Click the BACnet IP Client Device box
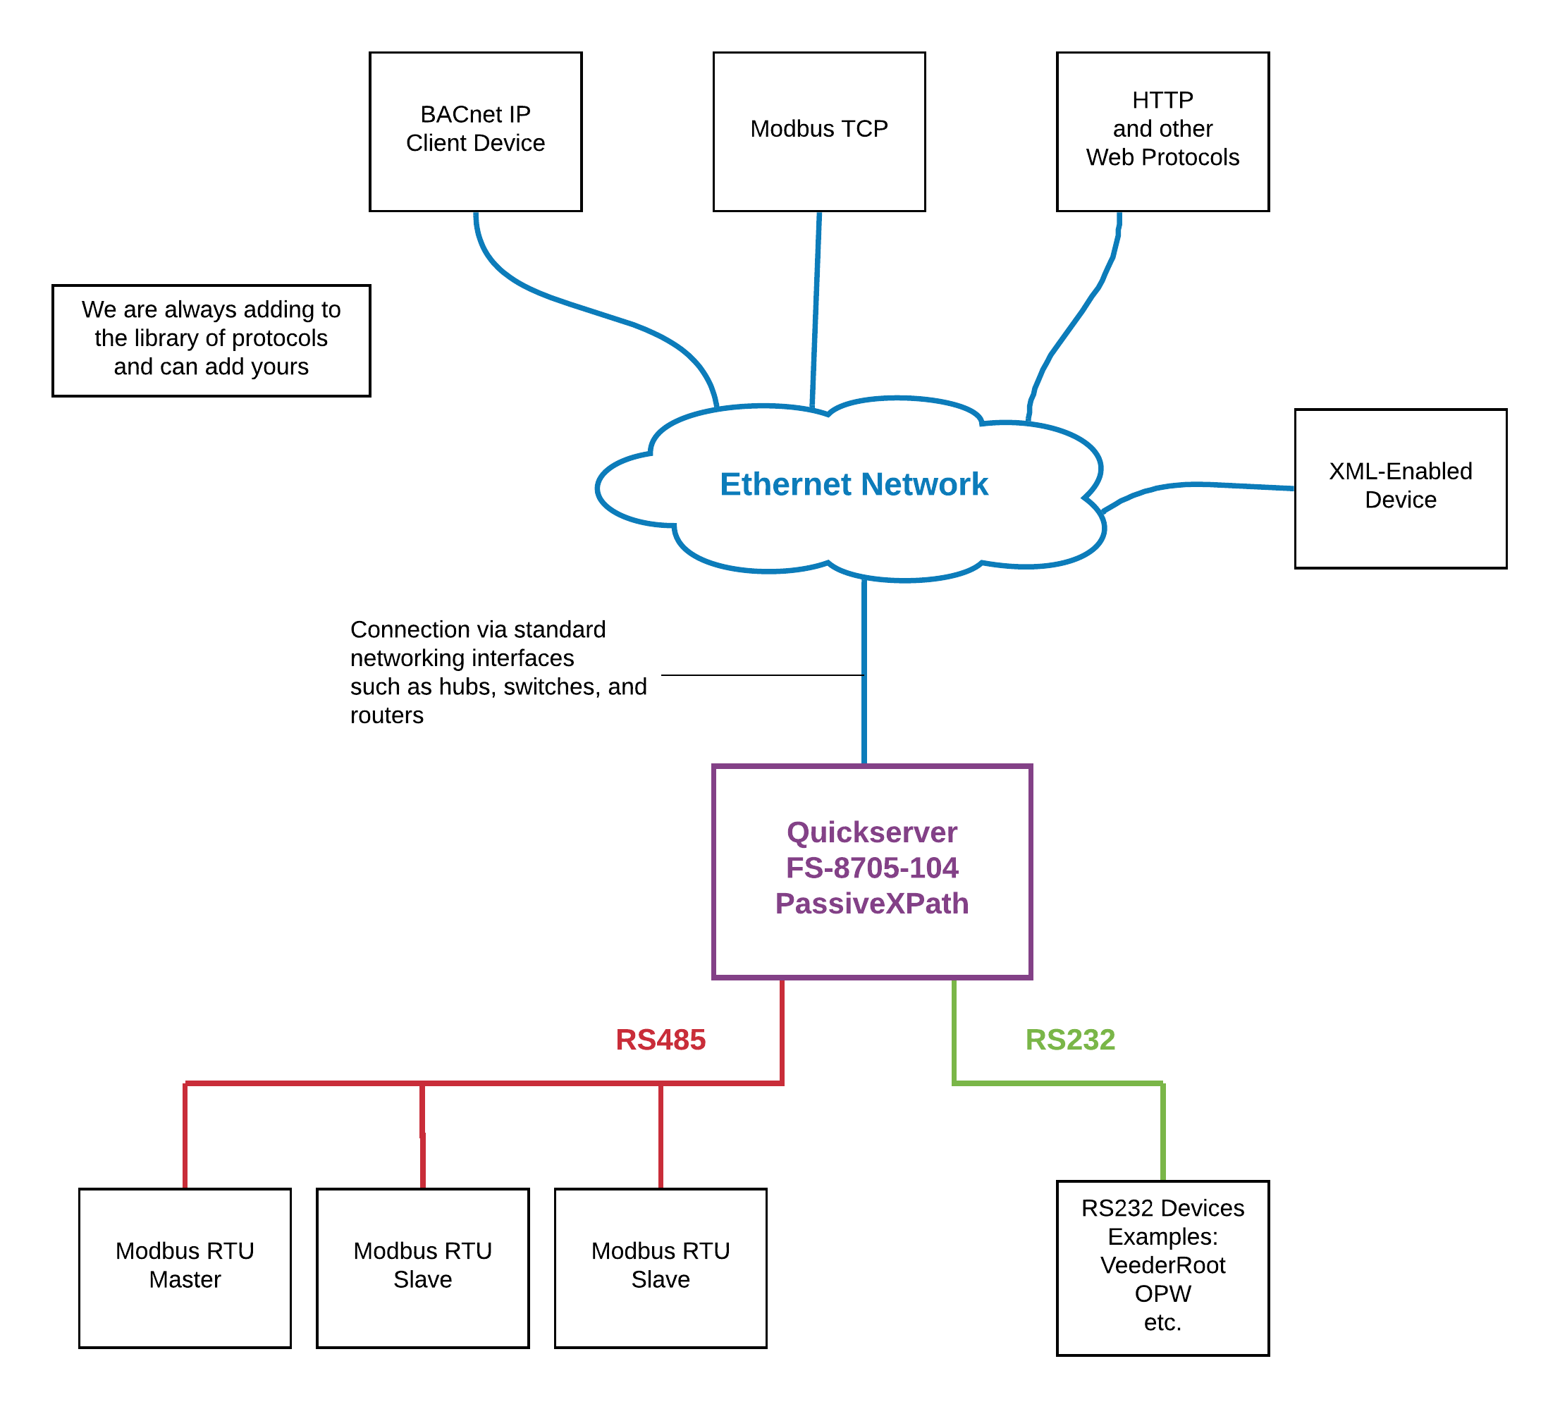tap(475, 131)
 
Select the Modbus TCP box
tap(818, 131)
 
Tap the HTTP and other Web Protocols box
tap(1162, 131)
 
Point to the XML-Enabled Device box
tap(1401, 488)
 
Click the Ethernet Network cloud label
tap(854, 484)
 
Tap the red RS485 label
tap(660, 1040)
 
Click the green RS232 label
tap(1069, 1040)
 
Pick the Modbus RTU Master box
tap(185, 1267)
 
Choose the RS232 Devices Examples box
tap(1162, 1267)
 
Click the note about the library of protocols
tap(211, 340)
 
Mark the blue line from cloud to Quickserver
tap(864, 673)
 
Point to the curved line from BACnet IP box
tap(588, 309)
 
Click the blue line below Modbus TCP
tap(816, 309)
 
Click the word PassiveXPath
tap(872, 904)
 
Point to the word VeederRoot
tap(1162, 1265)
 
